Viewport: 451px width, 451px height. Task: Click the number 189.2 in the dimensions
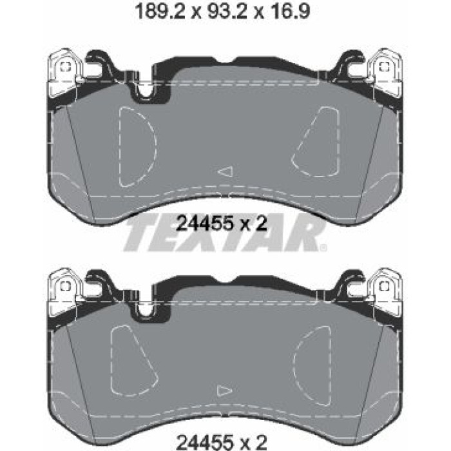coord(160,12)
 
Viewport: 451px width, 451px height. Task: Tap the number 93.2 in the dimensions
coord(227,12)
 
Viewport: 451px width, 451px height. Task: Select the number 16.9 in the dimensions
coord(288,12)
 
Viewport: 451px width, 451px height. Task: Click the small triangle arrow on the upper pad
coord(225,171)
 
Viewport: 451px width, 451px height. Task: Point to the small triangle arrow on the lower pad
coord(224,391)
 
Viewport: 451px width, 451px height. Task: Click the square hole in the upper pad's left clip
coord(66,67)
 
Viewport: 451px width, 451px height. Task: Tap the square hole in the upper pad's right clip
coord(383,67)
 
